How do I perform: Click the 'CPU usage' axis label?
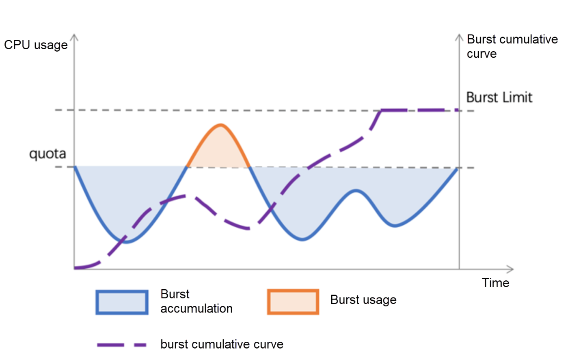36,45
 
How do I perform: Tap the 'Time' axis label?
495,283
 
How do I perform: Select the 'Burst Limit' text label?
499,98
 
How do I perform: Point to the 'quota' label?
48,154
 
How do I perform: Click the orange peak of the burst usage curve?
220,125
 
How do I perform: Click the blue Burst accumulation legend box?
122,302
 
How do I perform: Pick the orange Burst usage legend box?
293,302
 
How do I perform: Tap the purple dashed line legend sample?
122,345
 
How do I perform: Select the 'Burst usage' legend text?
363,300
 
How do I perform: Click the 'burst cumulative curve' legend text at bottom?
222,345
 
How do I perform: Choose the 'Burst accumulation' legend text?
196,301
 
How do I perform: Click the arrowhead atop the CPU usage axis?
74,37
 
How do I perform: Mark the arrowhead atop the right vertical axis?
459,37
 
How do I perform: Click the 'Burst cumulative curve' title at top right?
512,46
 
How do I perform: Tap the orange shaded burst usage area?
219,150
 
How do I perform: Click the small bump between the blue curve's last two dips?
356,191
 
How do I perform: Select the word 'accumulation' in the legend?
196,309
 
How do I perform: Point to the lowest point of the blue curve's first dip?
127,242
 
